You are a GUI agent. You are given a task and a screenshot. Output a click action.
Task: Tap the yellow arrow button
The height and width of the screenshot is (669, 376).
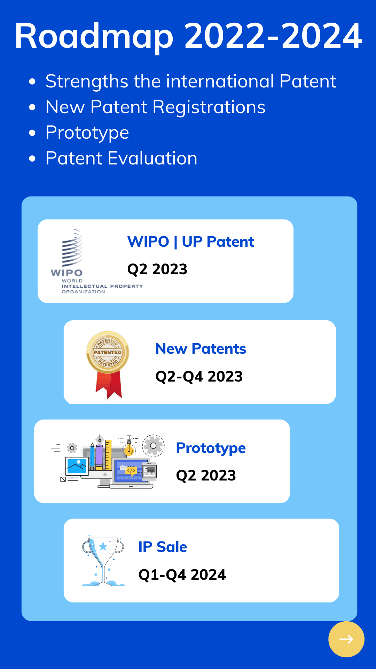click(346, 639)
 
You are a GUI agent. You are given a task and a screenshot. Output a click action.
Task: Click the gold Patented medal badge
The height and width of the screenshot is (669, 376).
click(108, 364)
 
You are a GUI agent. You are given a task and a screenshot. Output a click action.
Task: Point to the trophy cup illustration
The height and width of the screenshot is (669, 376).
click(103, 561)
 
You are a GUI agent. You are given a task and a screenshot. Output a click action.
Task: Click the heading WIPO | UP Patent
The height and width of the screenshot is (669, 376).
click(191, 242)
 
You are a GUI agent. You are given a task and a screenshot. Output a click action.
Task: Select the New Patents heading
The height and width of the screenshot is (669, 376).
click(201, 349)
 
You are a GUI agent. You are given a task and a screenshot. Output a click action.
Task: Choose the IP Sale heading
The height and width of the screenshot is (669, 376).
click(163, 547)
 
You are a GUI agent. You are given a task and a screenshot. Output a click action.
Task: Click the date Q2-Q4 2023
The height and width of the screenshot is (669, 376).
click(199, 377)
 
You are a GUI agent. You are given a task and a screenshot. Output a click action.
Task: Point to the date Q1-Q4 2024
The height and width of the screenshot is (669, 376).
click(182, 575)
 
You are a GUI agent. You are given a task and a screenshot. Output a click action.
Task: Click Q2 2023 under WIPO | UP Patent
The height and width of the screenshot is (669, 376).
click(157, 269)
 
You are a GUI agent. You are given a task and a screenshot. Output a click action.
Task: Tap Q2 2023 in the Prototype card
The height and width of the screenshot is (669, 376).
click(206, 476)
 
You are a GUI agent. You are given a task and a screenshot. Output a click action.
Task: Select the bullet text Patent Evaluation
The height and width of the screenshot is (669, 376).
click(122, 158)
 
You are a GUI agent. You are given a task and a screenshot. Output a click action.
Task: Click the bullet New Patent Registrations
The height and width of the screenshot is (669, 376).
click(156, 107)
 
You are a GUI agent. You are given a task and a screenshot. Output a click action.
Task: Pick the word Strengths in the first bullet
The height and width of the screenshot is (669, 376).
click(87, 82)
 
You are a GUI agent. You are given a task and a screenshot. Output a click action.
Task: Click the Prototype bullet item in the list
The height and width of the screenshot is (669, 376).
click(87, 133)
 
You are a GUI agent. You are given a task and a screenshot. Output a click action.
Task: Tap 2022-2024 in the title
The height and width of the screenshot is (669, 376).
click(273, 36)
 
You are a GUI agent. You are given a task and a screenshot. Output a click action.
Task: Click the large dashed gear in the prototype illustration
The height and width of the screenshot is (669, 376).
click(153, 446)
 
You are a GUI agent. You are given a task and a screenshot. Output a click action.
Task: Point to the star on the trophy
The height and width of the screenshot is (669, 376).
click(103, 546)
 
